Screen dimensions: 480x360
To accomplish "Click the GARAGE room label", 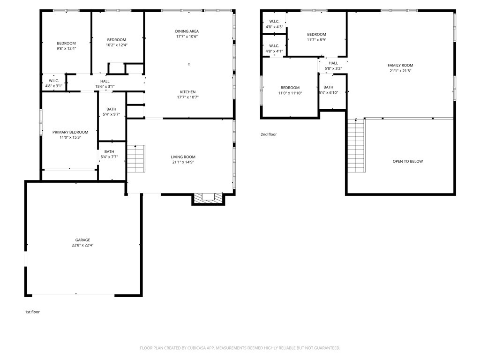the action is point(82,240).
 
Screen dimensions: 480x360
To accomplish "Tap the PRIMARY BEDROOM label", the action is point(70,132).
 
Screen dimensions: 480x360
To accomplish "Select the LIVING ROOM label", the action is point(183,157).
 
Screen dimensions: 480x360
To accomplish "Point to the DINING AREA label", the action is point(187,31).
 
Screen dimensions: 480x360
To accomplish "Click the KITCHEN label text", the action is point(187,92).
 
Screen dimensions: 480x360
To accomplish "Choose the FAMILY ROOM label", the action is point(400,65).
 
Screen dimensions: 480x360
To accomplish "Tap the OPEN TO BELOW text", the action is point(408,161).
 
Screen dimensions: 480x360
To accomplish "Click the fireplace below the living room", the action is point(209,198).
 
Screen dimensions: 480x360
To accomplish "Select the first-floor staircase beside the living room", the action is point(136,158).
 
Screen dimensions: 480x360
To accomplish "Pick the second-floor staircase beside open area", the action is point(356,145).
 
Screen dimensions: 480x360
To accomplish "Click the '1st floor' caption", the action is point(32,312).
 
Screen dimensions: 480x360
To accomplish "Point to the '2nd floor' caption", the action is point(269,135).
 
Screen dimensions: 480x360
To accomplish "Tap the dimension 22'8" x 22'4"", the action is point(82,245).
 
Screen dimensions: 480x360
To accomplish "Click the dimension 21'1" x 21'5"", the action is point(400,71).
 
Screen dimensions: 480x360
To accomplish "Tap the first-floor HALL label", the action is point(105,82).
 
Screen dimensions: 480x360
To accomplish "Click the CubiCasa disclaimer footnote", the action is point(240,348).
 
